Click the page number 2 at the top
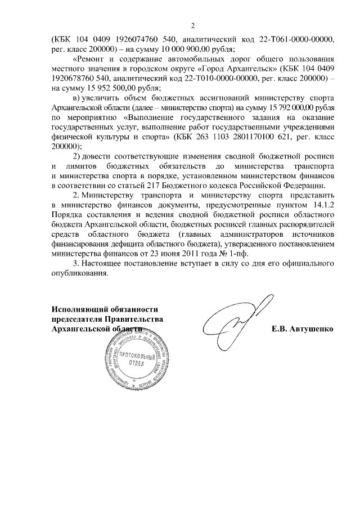tap(192, 25)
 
